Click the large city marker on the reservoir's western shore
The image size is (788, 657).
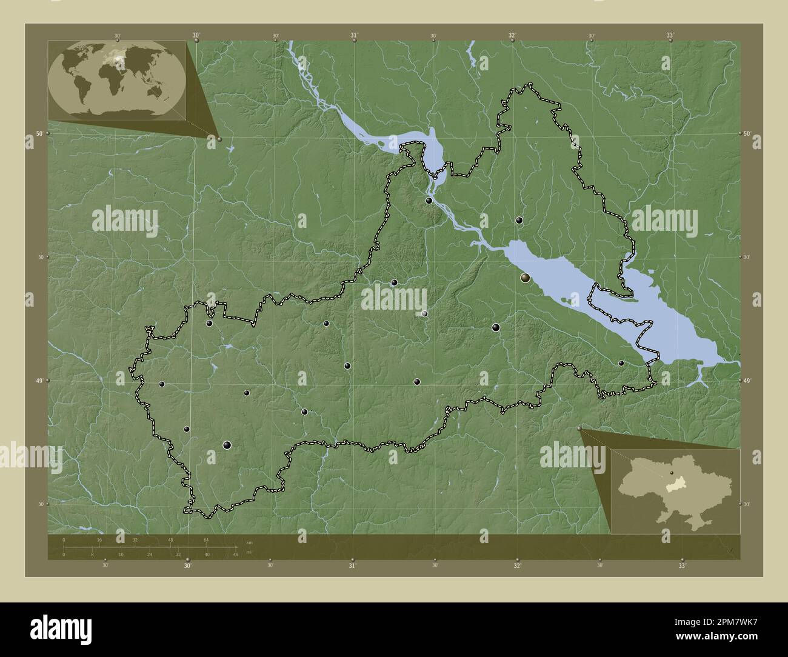pyautogui.click(x=526, y=278)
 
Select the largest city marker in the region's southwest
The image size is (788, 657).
pyautogui.click(x=227, y=445)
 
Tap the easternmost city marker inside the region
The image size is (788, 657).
pyautogui.click(x=621, y=363)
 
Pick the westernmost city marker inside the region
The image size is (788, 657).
pyautogui.click(x=161, y=384)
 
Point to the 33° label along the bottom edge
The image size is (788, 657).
pyautogui.click(x=682, y=566)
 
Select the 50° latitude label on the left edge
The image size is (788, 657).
pyautogui.click(x=39, y=133)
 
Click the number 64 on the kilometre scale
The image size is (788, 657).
pyautogui.click(x=206, y=539)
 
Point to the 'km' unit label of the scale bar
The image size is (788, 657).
pyautogui.click(x=249, y=542)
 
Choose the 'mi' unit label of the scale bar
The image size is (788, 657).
pyautogui.click(x=249, y=553)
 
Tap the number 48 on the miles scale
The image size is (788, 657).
pyautogui.click(x=235, y=554)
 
